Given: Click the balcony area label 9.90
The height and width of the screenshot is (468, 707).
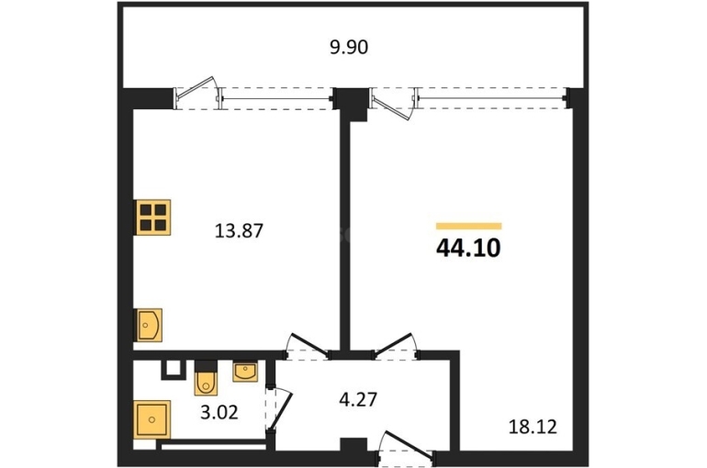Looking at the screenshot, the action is (x=349, y=47).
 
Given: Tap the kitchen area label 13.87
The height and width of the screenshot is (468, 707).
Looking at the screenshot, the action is (x=239, y=231).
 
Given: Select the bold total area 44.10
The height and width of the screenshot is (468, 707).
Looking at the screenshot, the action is (x=468, y=248).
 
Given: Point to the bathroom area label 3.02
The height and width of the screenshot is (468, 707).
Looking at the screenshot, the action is (x=219, y=412).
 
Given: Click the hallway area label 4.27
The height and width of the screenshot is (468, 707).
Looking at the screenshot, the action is (x=358, y=399).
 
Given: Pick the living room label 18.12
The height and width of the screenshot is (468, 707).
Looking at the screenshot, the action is (x=533, y=427).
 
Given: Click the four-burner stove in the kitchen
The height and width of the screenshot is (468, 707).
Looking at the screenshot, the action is (x=153, y=217).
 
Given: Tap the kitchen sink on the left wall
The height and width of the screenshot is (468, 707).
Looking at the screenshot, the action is (x=149, y=325).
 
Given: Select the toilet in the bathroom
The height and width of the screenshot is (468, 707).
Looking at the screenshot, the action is (x=206, y=379).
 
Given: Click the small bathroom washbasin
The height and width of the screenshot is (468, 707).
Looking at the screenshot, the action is (x=245, y=372).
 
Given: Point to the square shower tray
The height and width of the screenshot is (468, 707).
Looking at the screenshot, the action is (x=152, y=419).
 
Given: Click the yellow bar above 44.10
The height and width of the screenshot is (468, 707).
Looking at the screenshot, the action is (x=469, y=226).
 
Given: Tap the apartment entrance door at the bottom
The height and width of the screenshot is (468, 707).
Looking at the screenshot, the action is (x=406, y=448).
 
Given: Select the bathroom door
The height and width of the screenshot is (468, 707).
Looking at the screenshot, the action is (x=278, y=408).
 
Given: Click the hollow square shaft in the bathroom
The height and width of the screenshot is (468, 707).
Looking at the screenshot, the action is (x=174, y=370).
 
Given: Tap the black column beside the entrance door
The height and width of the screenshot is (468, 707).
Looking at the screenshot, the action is (x=353, y=444).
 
